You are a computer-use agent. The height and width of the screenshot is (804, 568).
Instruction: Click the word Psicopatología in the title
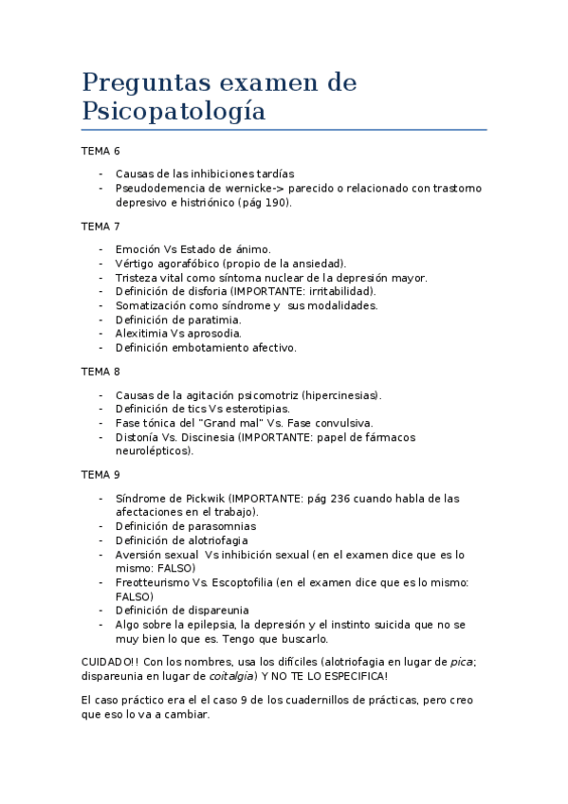[174, 111]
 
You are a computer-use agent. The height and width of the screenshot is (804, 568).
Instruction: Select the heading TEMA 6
[101, 152]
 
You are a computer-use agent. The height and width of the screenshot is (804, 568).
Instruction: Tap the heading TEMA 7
[101, 227]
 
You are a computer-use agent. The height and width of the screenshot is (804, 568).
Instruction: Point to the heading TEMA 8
[101, 372]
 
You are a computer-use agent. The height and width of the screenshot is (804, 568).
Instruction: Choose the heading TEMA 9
[101, 474]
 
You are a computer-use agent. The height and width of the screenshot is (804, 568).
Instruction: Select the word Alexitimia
[141, 334]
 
